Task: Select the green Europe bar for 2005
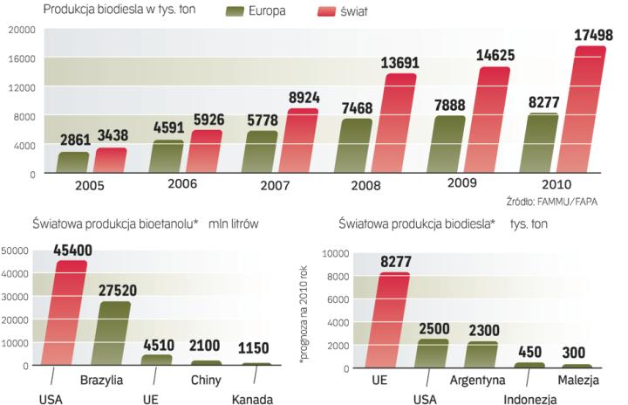74,162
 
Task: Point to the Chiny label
207,380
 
